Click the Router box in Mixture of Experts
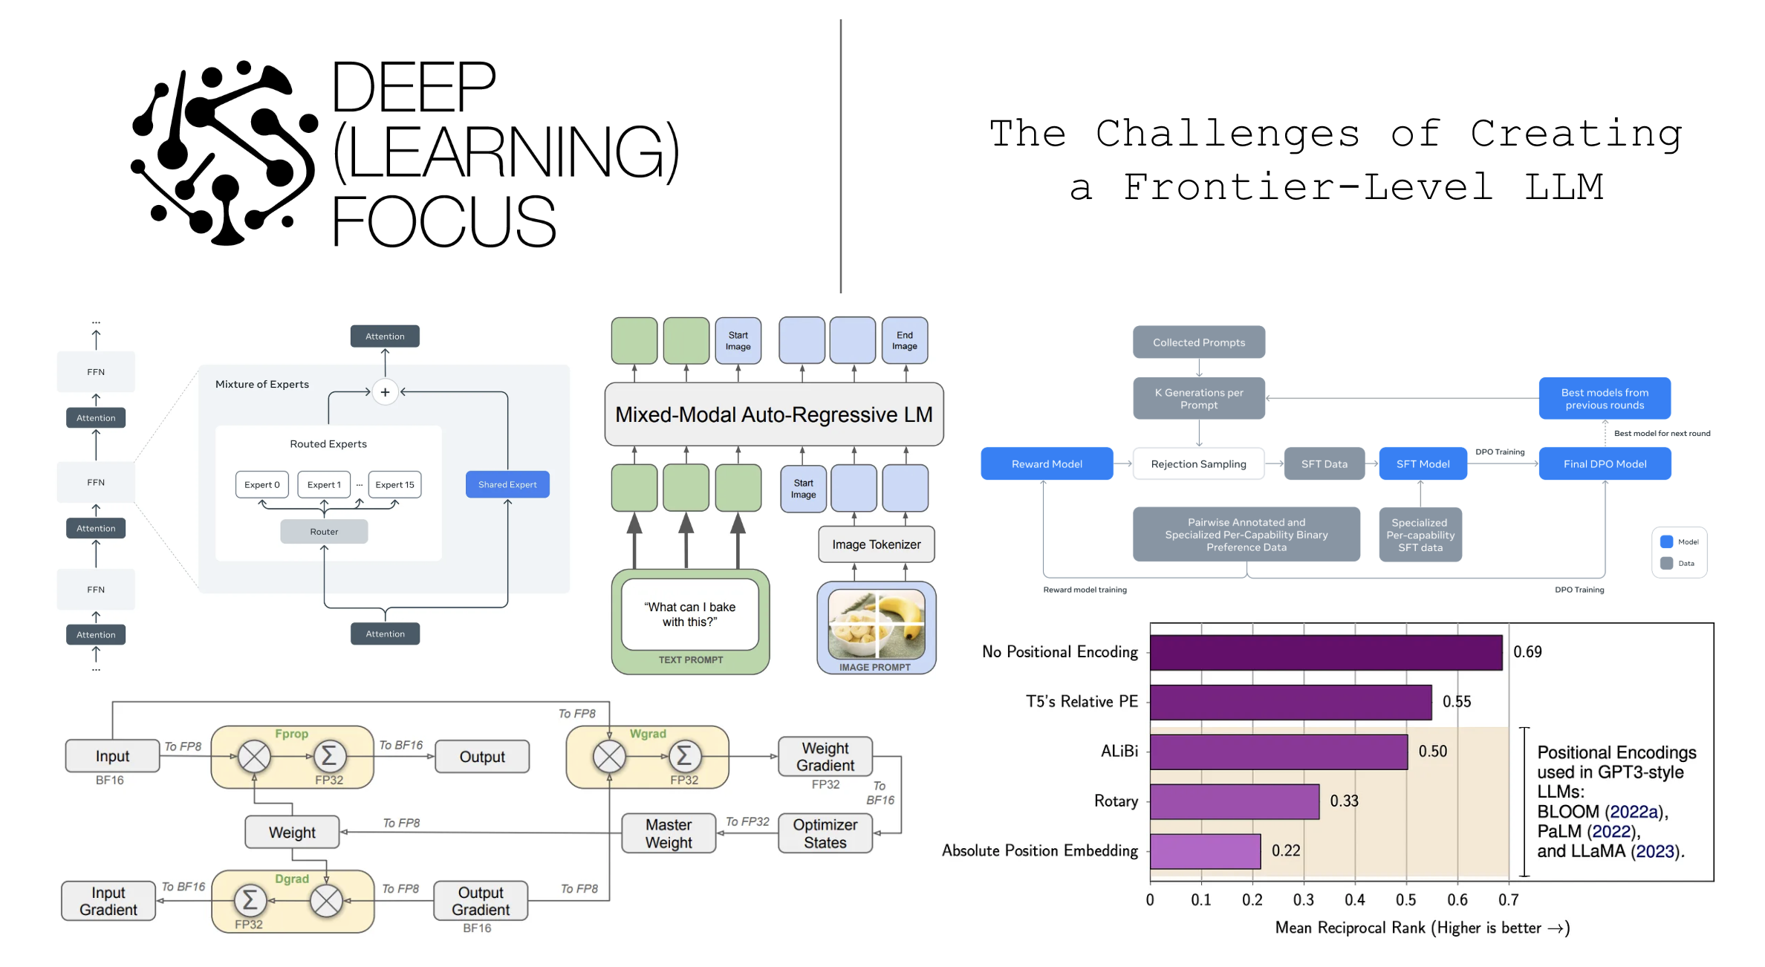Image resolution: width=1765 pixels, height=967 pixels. tap(324, 532)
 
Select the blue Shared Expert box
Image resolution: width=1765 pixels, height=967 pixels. tap(507, 484)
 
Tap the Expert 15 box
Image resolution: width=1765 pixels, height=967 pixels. tap(394, 484)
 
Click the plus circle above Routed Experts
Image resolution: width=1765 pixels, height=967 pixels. tap(385, 392)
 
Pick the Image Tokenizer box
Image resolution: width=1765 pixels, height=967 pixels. tap(876, 544)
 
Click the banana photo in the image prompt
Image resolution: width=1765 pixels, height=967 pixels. tap(876, 623)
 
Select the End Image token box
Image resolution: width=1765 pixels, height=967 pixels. tap(904, 341)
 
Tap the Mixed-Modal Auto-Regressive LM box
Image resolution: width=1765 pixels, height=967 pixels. tap(773, 414)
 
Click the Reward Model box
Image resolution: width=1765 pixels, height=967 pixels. tap(1046, 463)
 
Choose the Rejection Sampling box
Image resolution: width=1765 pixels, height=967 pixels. tap(1198, 463)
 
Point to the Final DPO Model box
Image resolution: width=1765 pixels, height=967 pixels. tap(1605, 463)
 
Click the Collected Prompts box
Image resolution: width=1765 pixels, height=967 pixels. tap(1198, 342)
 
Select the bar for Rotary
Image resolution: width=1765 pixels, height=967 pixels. tap(1234, 801)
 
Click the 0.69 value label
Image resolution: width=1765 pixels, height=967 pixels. tap(1527, 652)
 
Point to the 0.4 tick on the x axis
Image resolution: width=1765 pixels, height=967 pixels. tap(1354, 900)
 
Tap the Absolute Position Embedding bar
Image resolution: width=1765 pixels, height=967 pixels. tap(1204, 851)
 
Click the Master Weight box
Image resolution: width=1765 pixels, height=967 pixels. tap(669, 833)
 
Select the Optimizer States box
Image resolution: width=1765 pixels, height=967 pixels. tap(825, 833)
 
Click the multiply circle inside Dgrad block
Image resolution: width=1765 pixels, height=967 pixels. tap(326, 901)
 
